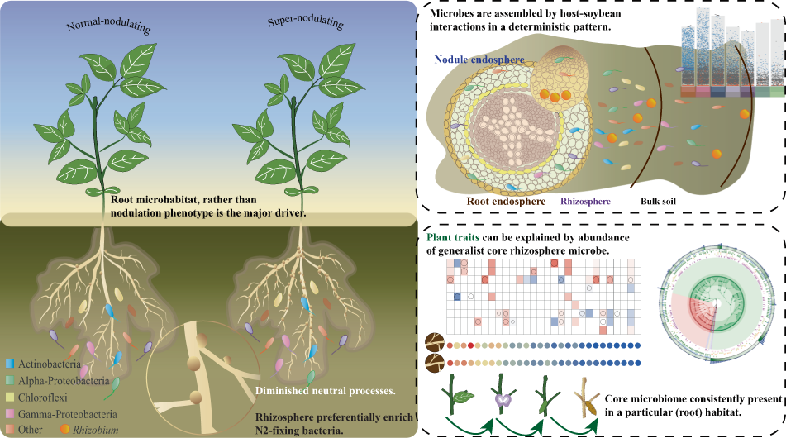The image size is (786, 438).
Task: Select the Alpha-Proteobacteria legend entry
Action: pos(68,357)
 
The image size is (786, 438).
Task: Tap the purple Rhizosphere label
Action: pos(585,200)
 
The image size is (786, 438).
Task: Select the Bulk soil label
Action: pos(662,200)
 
